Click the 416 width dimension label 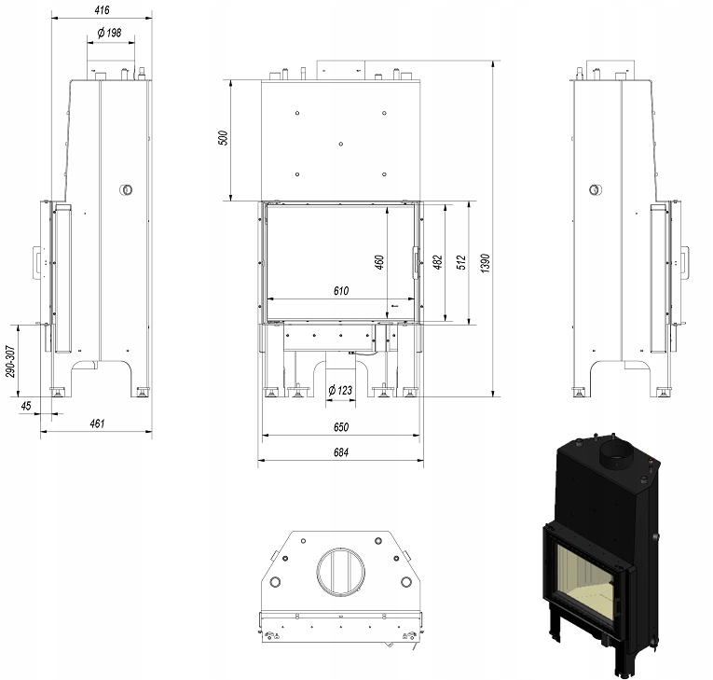[102, 10]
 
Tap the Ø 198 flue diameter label [110, 33]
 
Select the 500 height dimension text [224, 138]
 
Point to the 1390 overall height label [486, 264]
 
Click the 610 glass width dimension [341, 290]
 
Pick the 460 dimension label [379, 262]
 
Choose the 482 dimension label [437, 262]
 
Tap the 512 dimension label [461, 263]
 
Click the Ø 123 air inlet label [340, 390]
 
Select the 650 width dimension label [341, 427]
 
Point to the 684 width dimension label [341, 452]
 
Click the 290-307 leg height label [10, 361]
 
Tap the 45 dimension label [26, 406]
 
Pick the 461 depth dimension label [97, 423]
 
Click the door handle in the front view [415, 262]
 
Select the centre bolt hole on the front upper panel [341, 144]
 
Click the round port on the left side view [126, 189]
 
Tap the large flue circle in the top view [341, 572]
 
